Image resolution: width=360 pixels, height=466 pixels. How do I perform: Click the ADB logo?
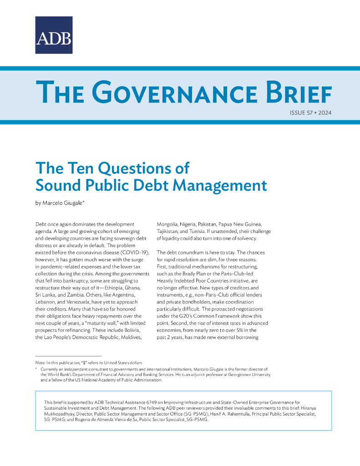[54, 35]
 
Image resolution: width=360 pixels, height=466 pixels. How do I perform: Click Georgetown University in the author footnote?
[244, 374]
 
